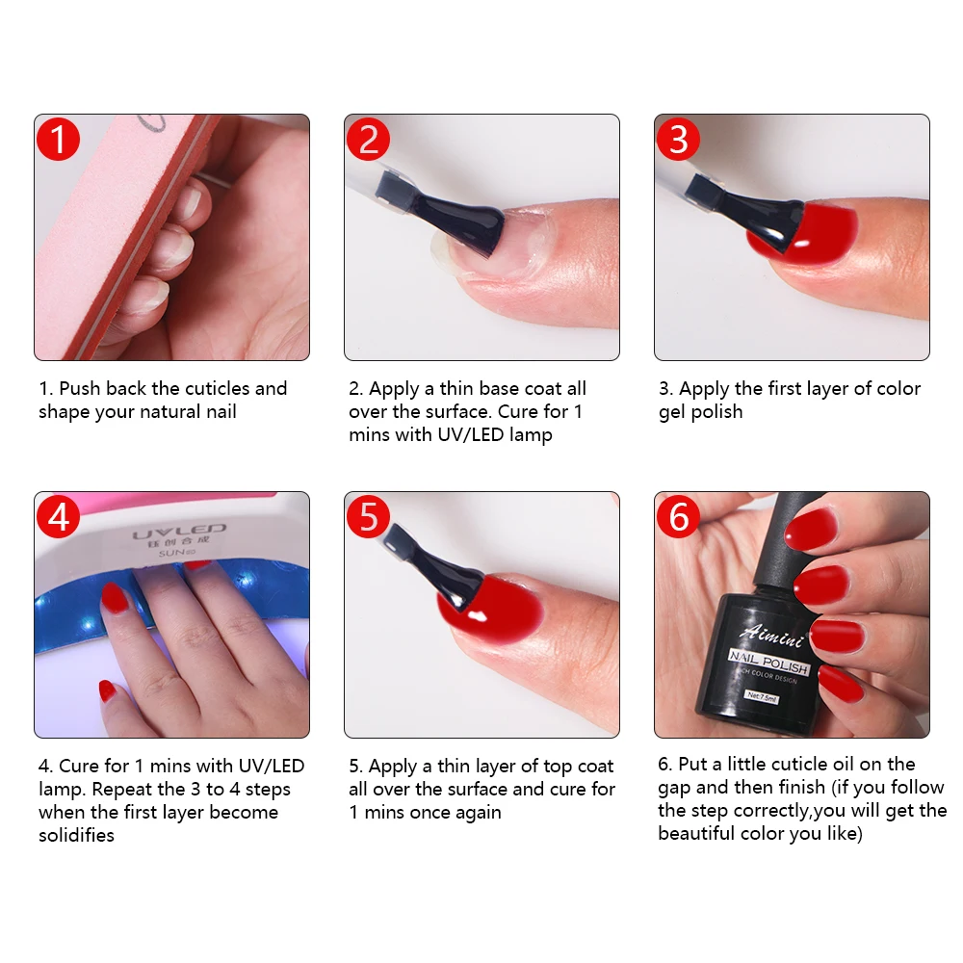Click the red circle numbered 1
tap(58, 140)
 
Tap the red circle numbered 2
tap(368, 140)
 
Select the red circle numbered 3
tap(678, 140)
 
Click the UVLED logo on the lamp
tap(179, 531)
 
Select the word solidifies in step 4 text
tap(76, 836)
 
